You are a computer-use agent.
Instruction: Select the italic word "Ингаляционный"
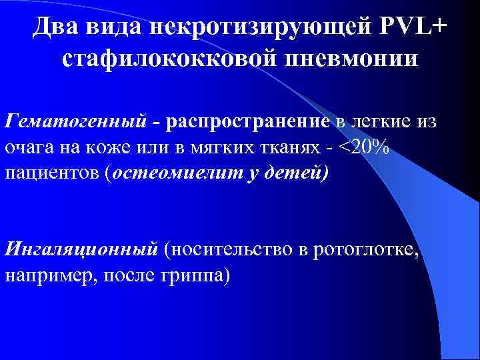click(81, 250)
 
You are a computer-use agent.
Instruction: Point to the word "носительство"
click(230, 250)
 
